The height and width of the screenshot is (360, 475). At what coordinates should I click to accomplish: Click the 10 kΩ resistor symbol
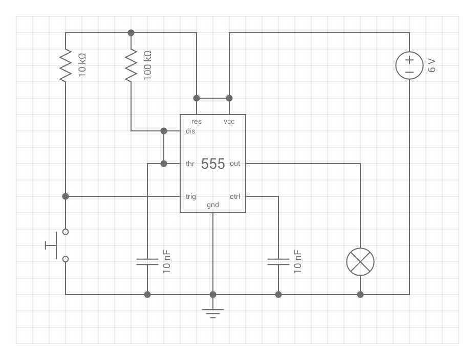(x=66, y=65)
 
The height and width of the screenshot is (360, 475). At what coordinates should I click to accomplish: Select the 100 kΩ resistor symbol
(x=131, y=65)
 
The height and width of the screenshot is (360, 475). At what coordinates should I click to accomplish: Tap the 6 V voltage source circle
(x=409, y=65)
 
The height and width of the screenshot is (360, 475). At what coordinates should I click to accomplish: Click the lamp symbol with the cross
(x=360, y=262)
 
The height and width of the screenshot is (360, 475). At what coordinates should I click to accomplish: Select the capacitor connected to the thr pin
(x=147, y=262)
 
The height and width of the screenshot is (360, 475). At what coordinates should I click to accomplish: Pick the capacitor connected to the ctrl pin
(x=278, y=262)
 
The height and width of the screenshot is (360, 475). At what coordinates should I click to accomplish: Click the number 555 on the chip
(x=213, y=164)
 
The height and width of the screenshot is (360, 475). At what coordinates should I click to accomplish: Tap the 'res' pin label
(x=197, y=122)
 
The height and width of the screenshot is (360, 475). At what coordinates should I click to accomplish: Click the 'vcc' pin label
(x=229, y=122)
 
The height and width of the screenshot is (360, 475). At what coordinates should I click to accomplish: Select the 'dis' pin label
(x=190, y=131)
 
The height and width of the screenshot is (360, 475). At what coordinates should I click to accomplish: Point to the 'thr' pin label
(x=190, y=164)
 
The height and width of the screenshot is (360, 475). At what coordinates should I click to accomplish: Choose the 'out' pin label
(x=235, y=164)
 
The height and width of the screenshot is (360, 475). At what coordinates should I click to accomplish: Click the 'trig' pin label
(x=190, y=197)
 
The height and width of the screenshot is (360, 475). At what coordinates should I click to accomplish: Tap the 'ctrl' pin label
(x=235, y=197)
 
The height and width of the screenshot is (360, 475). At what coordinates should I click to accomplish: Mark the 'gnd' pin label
(x=213, y=205)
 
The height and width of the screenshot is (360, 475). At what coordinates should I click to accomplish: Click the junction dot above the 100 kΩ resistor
(x=131, y=33)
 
